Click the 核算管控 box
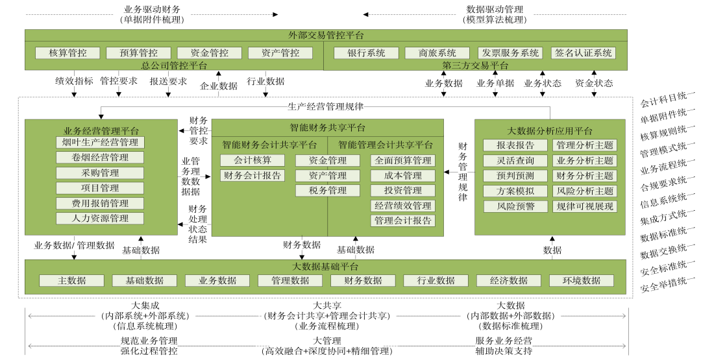pos(68,53)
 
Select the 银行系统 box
pos(366,53)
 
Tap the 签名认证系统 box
pos(583,53)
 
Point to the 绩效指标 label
pos(74,81)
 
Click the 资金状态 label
pos(593,83)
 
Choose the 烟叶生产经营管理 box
pos(100,142)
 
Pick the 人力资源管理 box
pos(100,219)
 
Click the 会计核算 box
pos(252,160)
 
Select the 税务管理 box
pos(328,191)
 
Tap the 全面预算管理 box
pos(403,160)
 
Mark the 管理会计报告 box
pos(403,221)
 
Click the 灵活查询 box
pos(515,160)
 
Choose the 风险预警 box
pos(515,206)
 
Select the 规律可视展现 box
pos(584,206)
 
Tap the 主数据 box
pos(71,280)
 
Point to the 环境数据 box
pos(582,280)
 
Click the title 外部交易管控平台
pos(326,35)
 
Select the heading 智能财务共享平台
pos(327,127)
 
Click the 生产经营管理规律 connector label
pos(325,106)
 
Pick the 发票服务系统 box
pos(510,53)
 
